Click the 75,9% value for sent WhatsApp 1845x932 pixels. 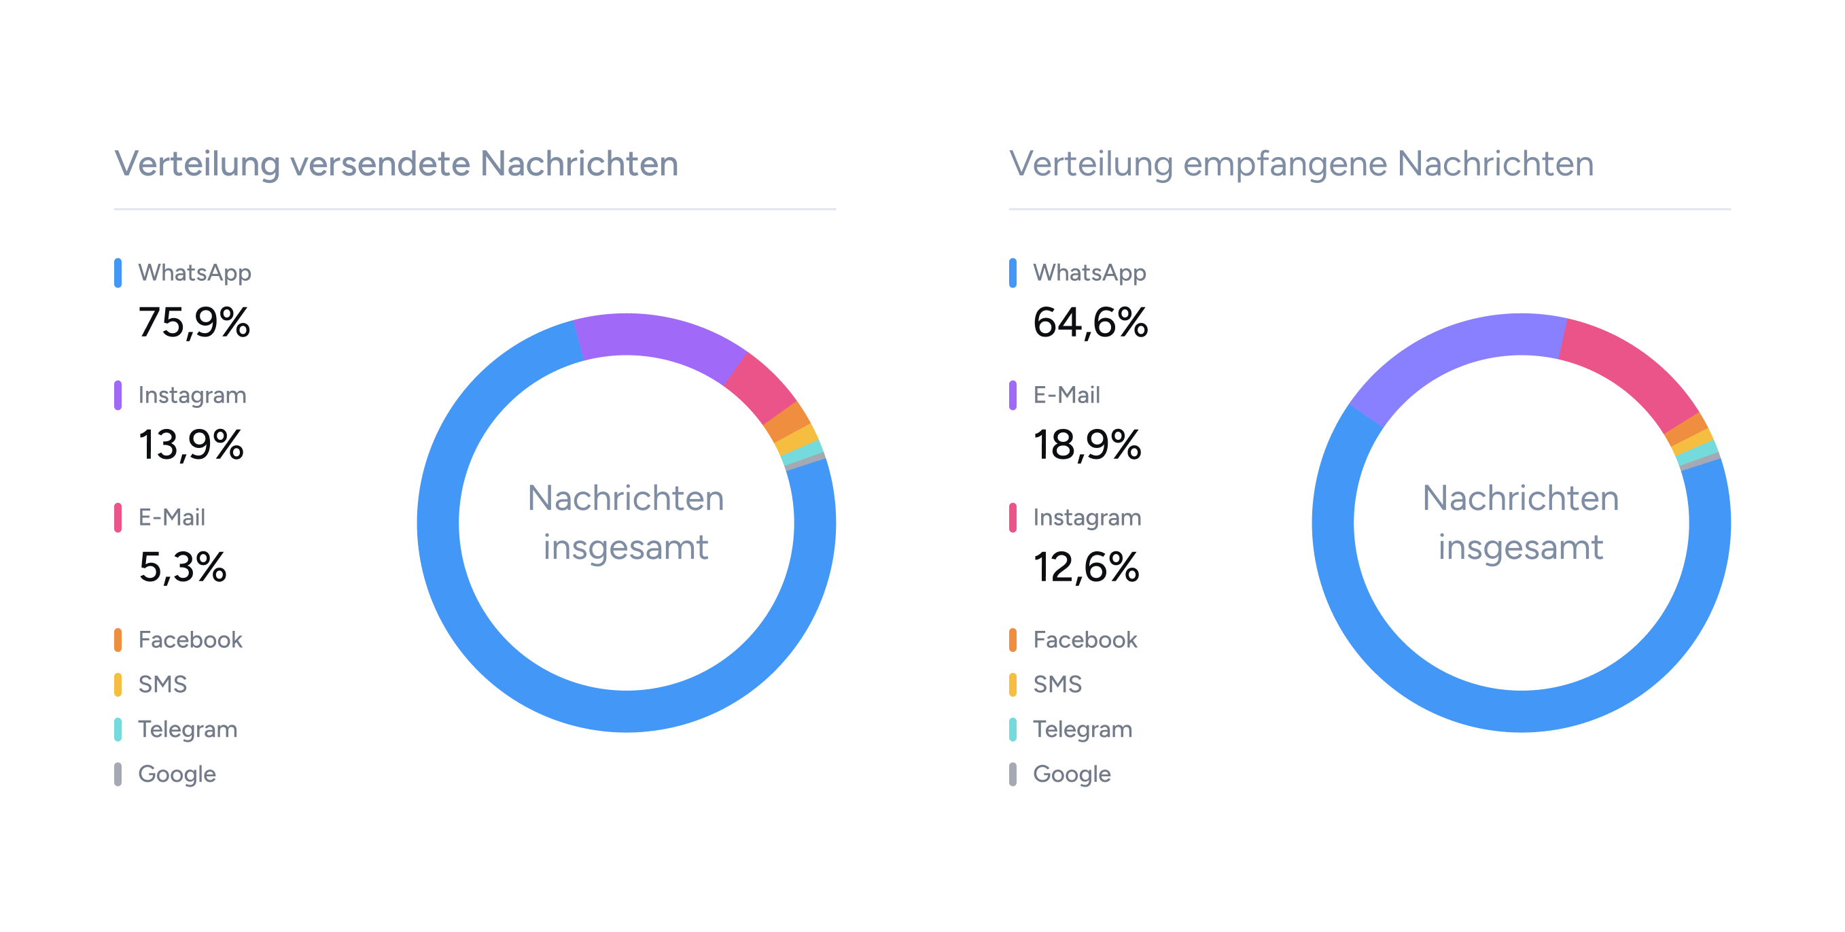(x=194, y=322)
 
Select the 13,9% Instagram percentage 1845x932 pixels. (x=191, y=445)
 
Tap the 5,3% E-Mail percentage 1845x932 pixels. (x=183, y=568)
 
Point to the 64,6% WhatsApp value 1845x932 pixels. (x=1090, y=322)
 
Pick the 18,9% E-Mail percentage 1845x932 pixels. (x=1087, y=445)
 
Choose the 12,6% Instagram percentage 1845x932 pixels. (x=1086, y=568)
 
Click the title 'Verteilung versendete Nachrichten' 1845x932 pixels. (x=396, y=163)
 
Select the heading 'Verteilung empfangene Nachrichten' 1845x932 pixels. (x=1301, y=163)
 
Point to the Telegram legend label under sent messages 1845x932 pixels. (x=188, y=729)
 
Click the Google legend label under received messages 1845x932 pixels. (x=1072, y=774)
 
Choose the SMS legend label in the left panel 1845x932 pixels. (x=162, y=684)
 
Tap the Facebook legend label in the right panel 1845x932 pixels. (x=1085, y=640)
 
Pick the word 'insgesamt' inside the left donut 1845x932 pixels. (x=626, y=548)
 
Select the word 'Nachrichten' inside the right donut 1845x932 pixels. (x=1521, y=498)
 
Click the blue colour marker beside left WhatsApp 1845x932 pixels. (x=118, y=273)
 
